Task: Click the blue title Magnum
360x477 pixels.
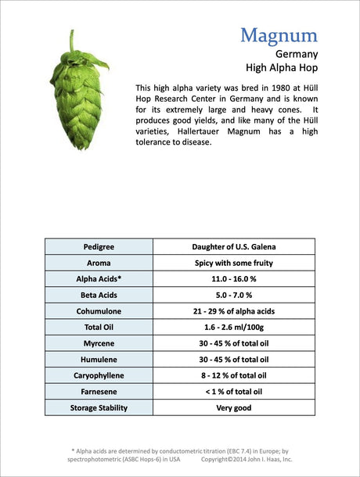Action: click(x=279, y=36)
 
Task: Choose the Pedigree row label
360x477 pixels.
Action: click(x=99, y=247)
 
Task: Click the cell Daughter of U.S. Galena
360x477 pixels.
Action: click(x=233, y=247)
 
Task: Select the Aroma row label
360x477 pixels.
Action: click(x=99, y=263)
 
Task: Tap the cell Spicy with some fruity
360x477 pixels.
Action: click(x=233, y=263)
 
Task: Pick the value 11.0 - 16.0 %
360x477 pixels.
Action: click(x=233, y=279)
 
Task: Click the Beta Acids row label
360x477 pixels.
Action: click(x=99, y=295)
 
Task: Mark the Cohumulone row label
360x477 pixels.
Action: click(x=99, y=311)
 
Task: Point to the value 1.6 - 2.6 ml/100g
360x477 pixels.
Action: click(x=233, y=328)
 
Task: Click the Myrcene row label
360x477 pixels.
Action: click(x=99, y=343)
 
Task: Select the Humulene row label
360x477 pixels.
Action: click(x=99, y=360)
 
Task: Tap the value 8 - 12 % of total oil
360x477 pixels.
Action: click(x=233, y=375)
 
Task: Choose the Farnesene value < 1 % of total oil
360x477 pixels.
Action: click(x=233, y=392)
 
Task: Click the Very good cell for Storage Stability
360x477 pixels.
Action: click(x=233, y=407)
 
